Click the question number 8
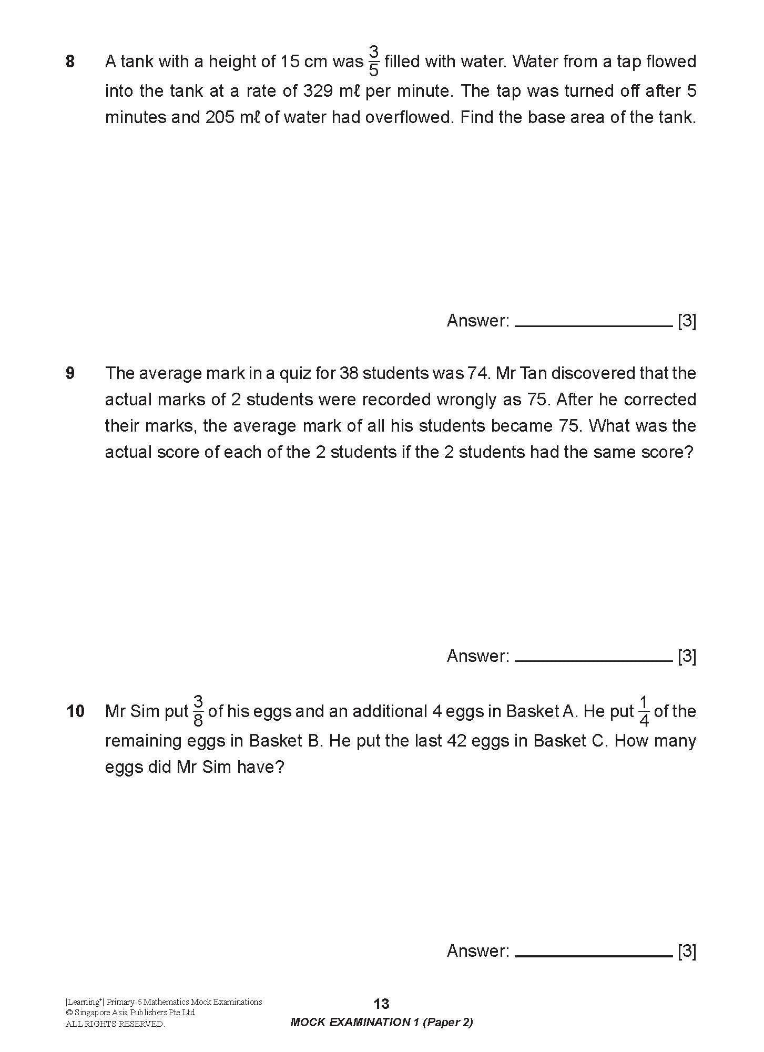(70, 62)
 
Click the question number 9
(70, 373)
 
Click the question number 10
(75, 711)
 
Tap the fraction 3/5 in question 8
(373, 61)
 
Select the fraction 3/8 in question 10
(198, 711)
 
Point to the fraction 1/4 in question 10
(644, 711)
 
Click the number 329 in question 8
(319, 91)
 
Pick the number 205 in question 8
(220, 117)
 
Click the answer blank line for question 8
(593, 325)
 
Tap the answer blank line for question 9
(593, 660)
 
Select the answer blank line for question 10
(593, 955)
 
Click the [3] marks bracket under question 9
(687, 656)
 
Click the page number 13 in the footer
(381, 1004)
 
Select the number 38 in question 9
(349, 373)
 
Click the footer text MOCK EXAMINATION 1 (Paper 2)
(381, 1023)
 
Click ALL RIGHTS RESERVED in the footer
(115, 1024)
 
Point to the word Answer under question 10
(477, 951)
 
